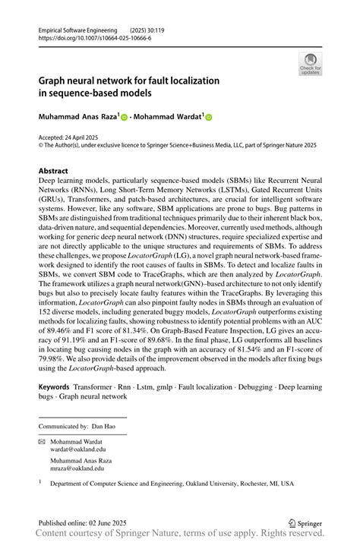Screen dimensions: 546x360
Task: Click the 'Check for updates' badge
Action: tap(310, 64)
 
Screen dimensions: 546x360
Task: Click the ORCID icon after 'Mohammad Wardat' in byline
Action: tap(209, 118)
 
